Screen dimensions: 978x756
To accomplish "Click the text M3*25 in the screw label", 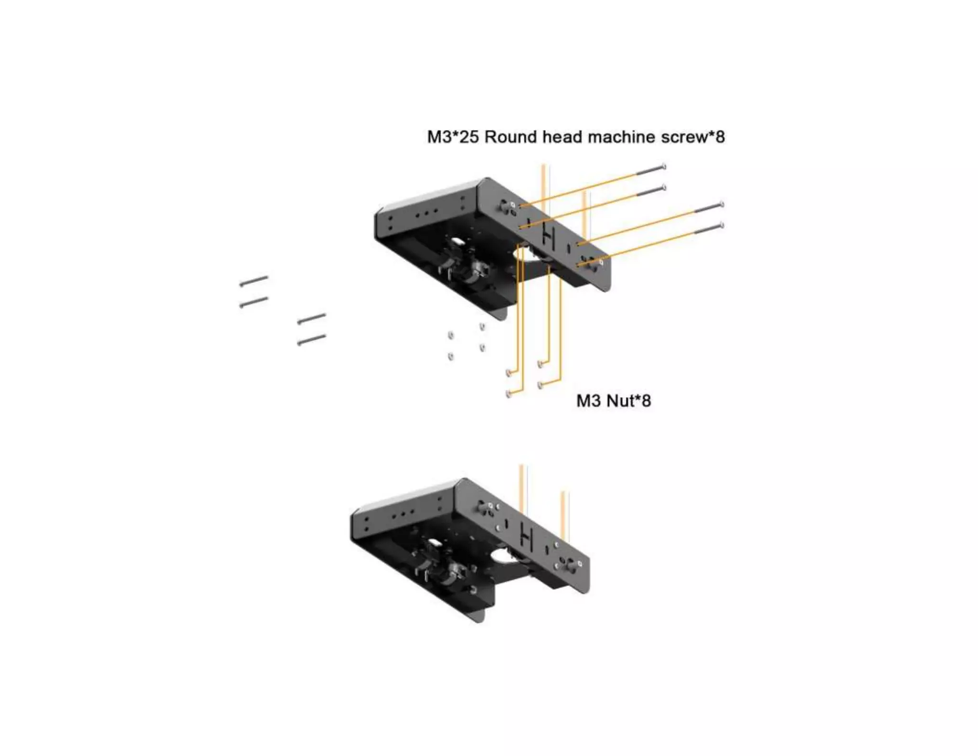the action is pyautogui.click(x=453, y=137).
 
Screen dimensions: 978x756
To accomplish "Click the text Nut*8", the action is pyautogui.click(x=628, y=400).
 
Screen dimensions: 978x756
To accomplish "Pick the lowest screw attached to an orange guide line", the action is pyautogui.click(x=708, y=229).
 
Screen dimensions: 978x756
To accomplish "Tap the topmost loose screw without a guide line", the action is pyautogui.click(x=254, y=281).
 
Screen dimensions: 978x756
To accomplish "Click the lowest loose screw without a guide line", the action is pyautogui.click(x=311, y=339).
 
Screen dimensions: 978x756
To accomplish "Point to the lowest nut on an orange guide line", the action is pyautogui.click(x=509, y=394).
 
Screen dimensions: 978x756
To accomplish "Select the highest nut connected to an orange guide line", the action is pyautogui.click(x=541, y=364).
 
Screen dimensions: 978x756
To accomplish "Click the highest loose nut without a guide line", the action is pyautogui.click(x=482, y=326).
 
